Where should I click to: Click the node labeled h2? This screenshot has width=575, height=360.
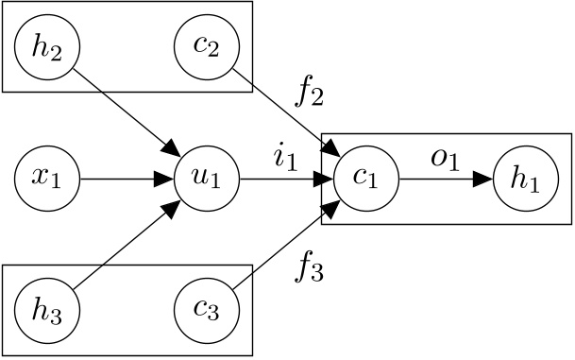point(46,46)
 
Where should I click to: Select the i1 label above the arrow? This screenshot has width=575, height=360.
point(285,160)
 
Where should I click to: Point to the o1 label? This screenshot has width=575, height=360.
point(444,160)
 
